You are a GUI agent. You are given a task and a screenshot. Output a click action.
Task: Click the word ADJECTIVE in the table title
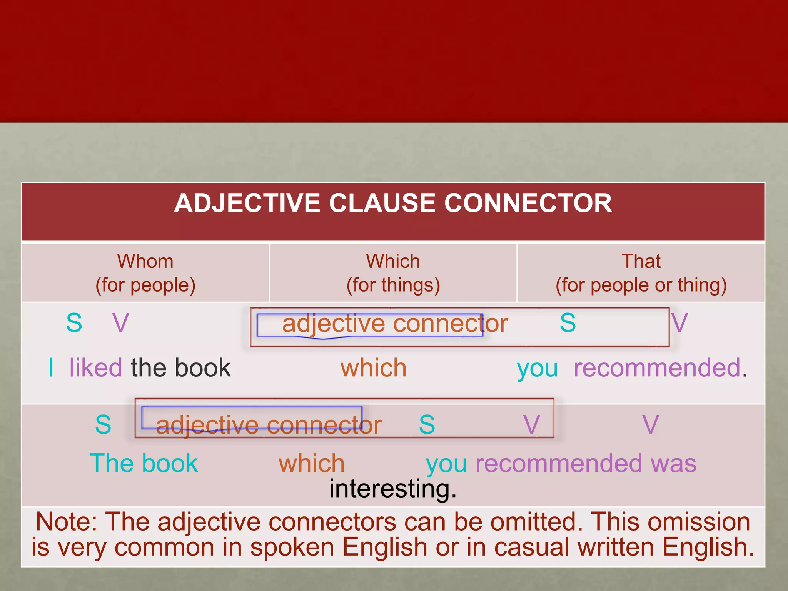tap(247, 203)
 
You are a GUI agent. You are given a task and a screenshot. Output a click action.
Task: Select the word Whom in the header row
tap(145, 261)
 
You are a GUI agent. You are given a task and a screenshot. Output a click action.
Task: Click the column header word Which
tap(393, 261)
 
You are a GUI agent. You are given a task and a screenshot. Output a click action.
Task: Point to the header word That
tap(641, 261)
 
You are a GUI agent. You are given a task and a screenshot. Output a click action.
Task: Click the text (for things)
tap(393, 285)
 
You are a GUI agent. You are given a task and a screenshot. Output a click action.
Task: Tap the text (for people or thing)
tap(641, 285)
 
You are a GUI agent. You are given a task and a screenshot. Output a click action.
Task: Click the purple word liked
tap(96, 367)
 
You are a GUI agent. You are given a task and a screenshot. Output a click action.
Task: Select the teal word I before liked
tap(51, 367)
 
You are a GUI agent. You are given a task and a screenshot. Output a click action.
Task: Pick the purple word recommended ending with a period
tap(657, 367)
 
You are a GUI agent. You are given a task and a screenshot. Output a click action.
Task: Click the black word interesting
tap(392, 489)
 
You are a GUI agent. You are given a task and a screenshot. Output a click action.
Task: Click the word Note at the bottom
tap(65, 522)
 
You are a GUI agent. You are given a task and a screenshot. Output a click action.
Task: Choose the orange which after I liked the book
tap(374, 367)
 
